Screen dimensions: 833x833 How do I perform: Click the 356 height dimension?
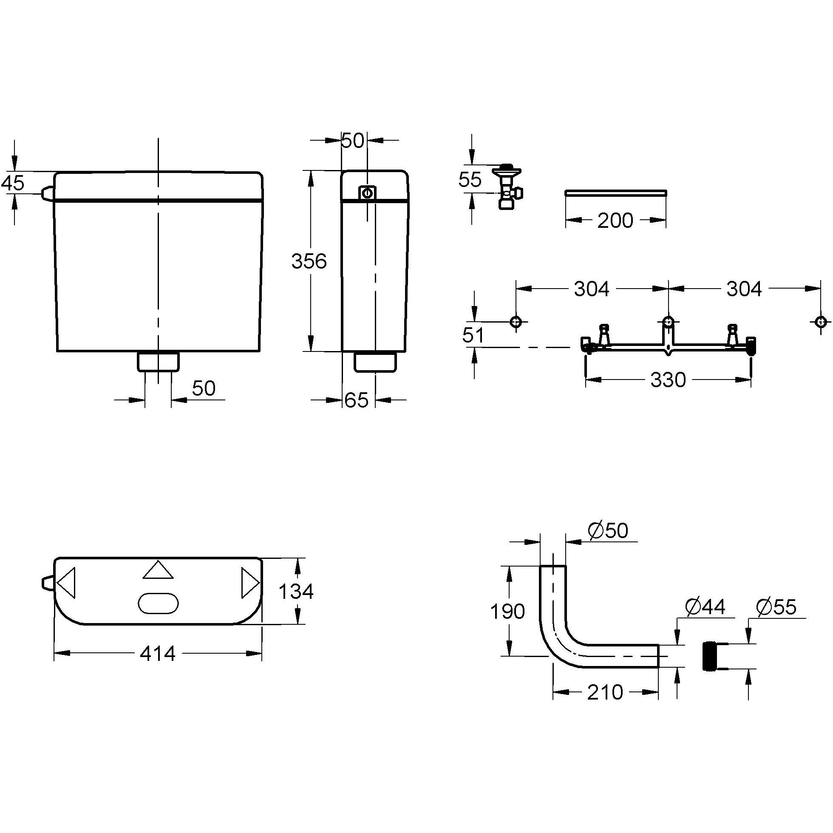pos(309,261)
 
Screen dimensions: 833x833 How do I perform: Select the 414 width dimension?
pos(157,654)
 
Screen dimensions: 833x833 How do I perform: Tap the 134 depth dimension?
pos(296,591)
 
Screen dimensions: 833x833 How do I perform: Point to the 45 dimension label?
pos(12,183)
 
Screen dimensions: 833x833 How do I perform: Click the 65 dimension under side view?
pos(357,400)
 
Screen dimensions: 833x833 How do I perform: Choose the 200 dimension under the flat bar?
pos(615,220)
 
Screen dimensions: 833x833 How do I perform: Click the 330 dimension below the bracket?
pos(667,380)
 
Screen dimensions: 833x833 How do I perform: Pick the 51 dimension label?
pos(473,335)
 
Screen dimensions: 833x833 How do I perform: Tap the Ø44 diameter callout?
pos(705,606)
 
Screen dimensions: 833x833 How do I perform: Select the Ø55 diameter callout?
pos(776,607)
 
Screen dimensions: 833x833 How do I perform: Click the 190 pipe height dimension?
pos(507,611)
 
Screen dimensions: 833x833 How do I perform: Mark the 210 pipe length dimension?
pos(605,692)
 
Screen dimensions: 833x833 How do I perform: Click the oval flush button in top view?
pos(158,603)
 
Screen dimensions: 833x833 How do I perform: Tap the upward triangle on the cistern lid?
pos(158,570)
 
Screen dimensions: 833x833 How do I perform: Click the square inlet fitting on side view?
pos(367,193)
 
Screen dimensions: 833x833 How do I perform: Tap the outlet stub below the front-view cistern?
pos(158,361)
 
